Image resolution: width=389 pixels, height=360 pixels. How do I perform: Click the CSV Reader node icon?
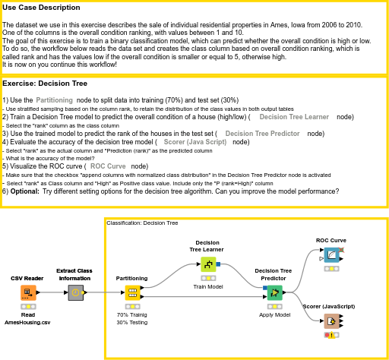click(28, 292)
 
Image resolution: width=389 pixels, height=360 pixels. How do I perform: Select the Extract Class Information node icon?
click(74, 293)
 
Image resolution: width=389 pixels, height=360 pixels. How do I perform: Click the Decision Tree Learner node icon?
click(207, 264)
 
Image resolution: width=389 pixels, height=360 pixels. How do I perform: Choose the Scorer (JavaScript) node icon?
click(331, 321)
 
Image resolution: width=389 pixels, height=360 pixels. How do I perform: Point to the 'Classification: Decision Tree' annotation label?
click(142, 223)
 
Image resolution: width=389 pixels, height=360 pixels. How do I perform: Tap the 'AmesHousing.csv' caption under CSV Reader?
click(28, 322)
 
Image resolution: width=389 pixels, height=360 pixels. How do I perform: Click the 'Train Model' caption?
click(207, 286)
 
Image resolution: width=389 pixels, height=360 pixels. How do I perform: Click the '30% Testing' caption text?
click(132, 322)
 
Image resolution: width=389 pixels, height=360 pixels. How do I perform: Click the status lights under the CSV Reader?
click(28, 306)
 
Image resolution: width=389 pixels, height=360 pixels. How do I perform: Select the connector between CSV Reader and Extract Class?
click(51, 292)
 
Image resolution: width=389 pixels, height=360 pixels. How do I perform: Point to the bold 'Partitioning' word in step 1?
click(55, 100)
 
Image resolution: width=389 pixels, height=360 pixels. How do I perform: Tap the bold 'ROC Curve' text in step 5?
click(108, 166)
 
